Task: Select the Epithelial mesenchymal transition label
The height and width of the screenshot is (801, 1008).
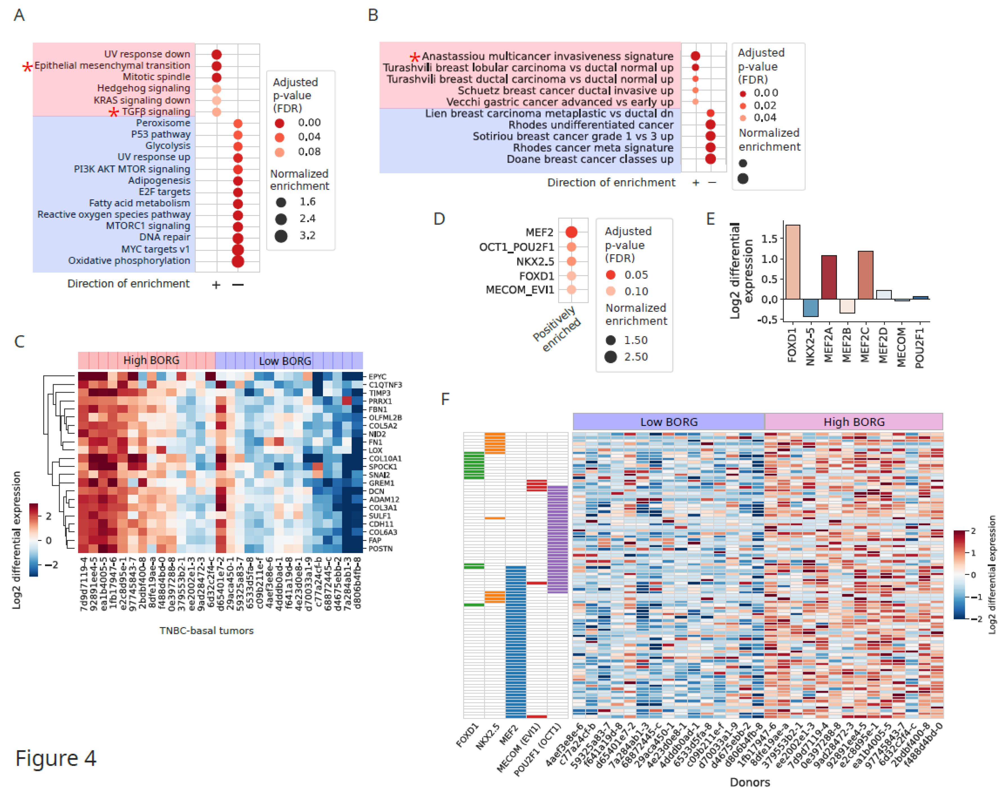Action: [112, 66]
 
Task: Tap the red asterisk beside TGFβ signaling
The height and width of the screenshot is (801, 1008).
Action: [114, 112]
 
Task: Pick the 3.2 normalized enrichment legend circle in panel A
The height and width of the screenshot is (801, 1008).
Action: [281, 236]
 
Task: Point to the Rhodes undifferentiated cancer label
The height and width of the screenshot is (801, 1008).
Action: [591, 125]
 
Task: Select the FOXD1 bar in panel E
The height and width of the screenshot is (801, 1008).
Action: [793, 262]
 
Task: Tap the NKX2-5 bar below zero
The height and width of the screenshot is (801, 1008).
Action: [811, 308]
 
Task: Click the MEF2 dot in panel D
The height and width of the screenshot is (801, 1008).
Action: [571, 232]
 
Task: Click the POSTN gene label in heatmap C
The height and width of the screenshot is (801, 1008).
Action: [381, 548]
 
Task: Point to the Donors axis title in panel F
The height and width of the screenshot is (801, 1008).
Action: [750, 782]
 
